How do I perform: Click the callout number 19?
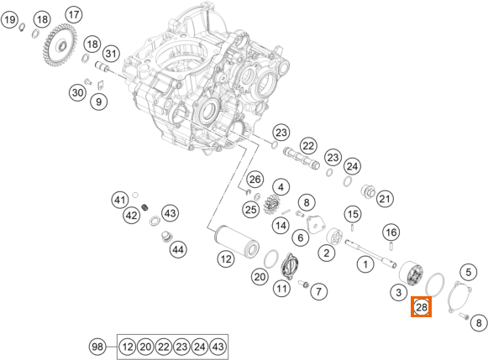tap(9, 20)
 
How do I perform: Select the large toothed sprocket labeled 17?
tap(60, 47)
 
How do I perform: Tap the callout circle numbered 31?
tap(111, 54)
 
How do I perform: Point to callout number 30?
tap(77, 92)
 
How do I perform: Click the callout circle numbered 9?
tap(98, 102)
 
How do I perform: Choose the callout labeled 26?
tap(254, 180)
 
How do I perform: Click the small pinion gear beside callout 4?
tap(273, 206)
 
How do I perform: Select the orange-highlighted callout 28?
tap(421, 307)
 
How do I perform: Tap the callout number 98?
tap(97, 346)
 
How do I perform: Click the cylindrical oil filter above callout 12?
tap(236, 241)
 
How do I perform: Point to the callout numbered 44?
tap(178, 249)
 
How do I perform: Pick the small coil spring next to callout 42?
tap(144, 206)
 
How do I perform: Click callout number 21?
tap(385, 199)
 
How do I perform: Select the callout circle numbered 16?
tap(391, 232)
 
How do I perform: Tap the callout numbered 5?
tap(468, 273)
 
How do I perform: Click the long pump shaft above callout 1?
tap(371, 253)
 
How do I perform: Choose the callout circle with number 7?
tap(318, 291)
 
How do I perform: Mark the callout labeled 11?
tap(281, 289)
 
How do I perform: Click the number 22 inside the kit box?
tap(164, 347)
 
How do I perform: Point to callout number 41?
tap(120, 200)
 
